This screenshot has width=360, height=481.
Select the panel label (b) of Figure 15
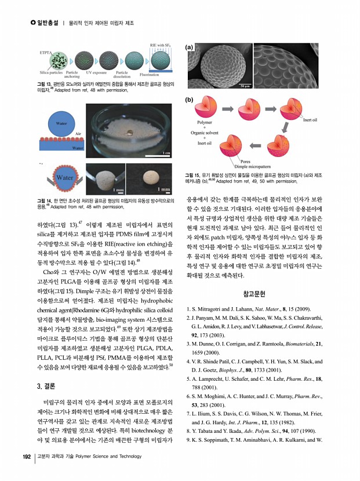pos(189,100)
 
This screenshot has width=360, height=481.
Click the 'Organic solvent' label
pos(207,133)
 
